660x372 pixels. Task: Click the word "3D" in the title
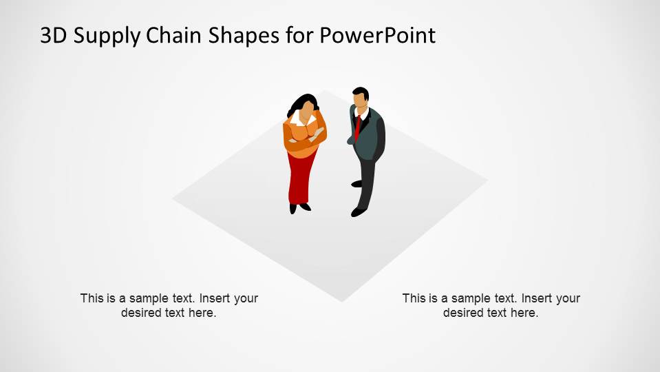coord(54,35)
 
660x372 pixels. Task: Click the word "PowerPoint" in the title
coord(377,35)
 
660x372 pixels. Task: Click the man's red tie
coord(358,127)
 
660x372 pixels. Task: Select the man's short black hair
coord(361,92)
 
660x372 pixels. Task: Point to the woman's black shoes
coord(299,207)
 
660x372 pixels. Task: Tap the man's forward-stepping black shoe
coord(359,211)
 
